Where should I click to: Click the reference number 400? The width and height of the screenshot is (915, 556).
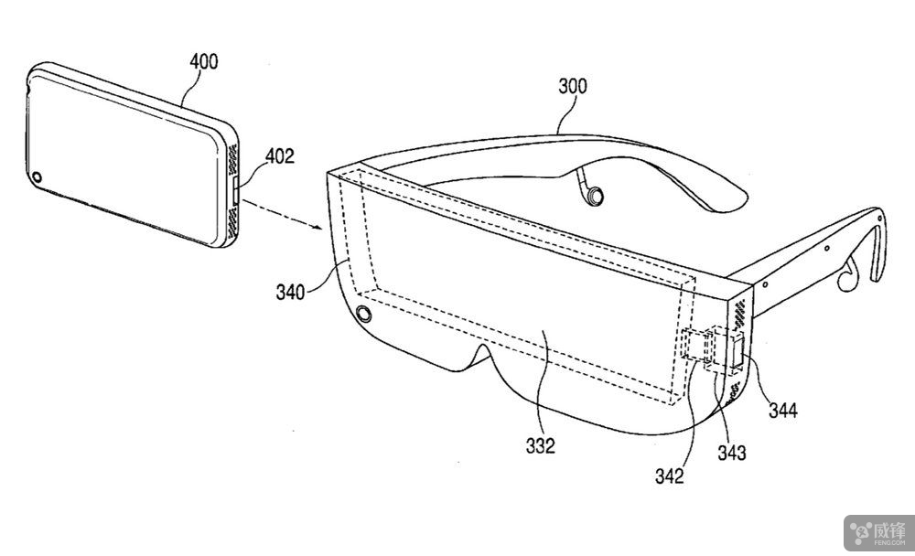click(204, 61)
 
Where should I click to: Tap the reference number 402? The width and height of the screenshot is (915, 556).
click(279, 155)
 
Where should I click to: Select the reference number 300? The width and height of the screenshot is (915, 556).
click(573, 86)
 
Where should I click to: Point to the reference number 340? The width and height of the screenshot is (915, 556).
click(290, 292)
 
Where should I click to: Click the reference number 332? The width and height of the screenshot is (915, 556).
click(541, 445)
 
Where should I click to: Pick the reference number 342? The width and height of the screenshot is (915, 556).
click(669, 476)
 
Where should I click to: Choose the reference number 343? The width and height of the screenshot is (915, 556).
click(732, 452)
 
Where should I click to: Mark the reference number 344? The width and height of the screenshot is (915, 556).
click(782, 411)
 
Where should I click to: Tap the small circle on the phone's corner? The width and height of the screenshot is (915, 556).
click(37, 176)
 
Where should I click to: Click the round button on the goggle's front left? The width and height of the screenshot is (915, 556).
click(363, 314)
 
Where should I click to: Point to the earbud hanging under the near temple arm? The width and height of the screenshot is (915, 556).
click(846, 277)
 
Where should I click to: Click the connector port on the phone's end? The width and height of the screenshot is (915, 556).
click(236, 191)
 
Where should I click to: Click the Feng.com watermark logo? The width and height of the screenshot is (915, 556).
click(879, 532)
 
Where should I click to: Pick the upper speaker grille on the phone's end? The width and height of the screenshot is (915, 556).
click(232, 159)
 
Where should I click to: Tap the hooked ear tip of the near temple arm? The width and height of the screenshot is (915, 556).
click(878, 245)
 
